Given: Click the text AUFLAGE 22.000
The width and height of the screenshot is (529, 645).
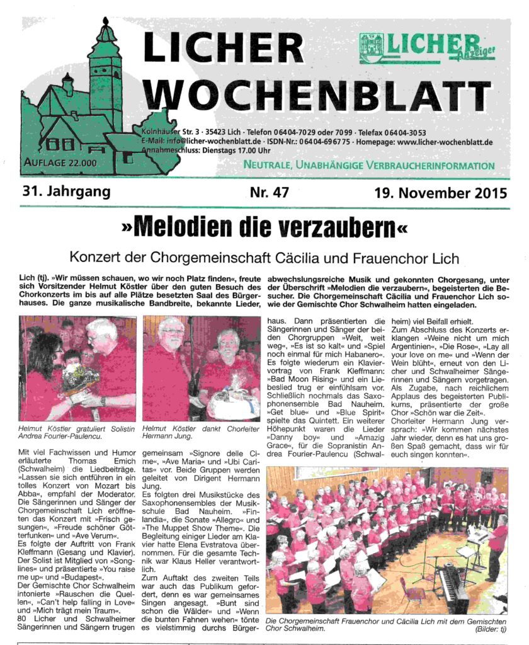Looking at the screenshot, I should [60, 163].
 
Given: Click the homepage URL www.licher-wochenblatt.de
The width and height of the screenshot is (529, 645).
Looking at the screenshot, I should [445, 142].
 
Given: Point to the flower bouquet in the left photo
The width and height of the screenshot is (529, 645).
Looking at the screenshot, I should [80, 379].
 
